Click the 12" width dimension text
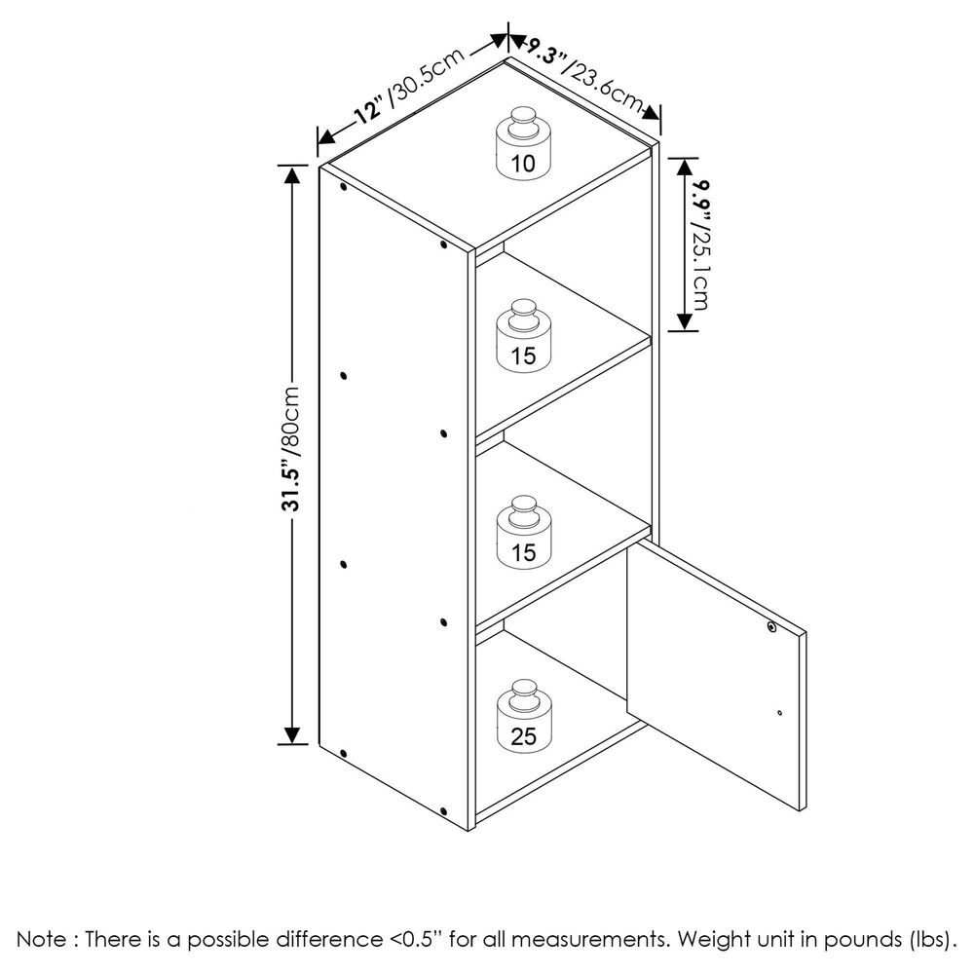pos(367,111)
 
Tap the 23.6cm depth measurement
pos(602,88)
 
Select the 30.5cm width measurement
pos(427,78)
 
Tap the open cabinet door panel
pos(716,675)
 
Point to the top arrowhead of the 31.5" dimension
pos(290,174)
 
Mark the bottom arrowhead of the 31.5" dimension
pos(290,734)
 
